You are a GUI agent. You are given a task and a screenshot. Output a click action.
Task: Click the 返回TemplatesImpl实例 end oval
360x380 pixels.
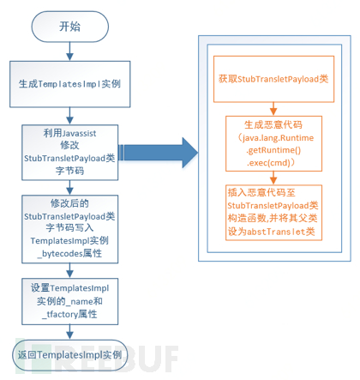[x=69, y=353]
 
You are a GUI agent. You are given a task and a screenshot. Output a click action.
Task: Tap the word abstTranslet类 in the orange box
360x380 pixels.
[x=284, y=231]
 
